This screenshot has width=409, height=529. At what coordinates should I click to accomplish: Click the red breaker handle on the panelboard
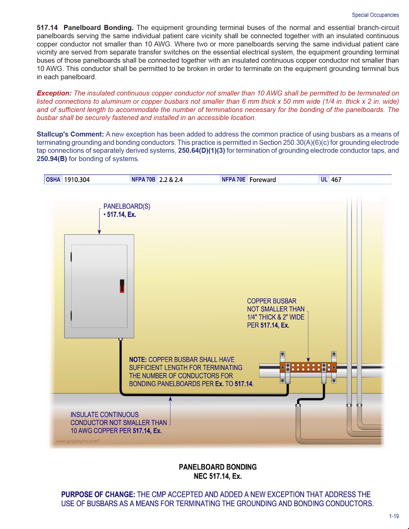tap(122, 286)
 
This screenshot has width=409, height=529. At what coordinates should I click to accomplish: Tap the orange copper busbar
tap(308, 367)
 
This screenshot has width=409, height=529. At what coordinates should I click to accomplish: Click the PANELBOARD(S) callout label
tap(127, 206)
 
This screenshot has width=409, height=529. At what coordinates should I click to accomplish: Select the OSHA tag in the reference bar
tap(53, 180)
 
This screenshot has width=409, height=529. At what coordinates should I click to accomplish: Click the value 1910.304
tap(77, 180)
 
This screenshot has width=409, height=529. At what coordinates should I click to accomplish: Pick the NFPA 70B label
tap(143, 180)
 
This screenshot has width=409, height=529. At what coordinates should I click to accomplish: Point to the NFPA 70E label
tap(233, 180)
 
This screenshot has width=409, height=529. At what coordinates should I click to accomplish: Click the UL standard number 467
tap(336, 180)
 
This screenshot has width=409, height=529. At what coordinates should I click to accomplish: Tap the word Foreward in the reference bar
tap(262, 180)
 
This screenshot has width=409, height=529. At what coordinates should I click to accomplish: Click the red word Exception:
tap(54, 93)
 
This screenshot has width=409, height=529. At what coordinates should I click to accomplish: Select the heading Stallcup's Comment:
tap(70, 134)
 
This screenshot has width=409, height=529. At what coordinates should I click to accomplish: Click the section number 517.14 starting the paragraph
tap(47, 27)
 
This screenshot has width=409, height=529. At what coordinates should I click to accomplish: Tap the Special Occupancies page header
tap(375, 15)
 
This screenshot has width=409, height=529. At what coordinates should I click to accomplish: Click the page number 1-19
tap(394, 516)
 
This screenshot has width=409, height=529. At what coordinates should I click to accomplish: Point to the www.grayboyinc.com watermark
tap(78, 441)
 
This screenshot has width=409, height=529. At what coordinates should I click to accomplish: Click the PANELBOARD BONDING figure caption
tap(218, 467)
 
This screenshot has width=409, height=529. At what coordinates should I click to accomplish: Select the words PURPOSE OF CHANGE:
tap(98, 495)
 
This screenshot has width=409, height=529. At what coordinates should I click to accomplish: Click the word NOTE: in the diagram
tap(138, 360)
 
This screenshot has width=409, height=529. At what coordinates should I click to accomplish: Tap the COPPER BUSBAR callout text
tap(271, 301)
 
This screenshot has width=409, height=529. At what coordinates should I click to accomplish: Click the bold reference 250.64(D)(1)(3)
tap(201, 150)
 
